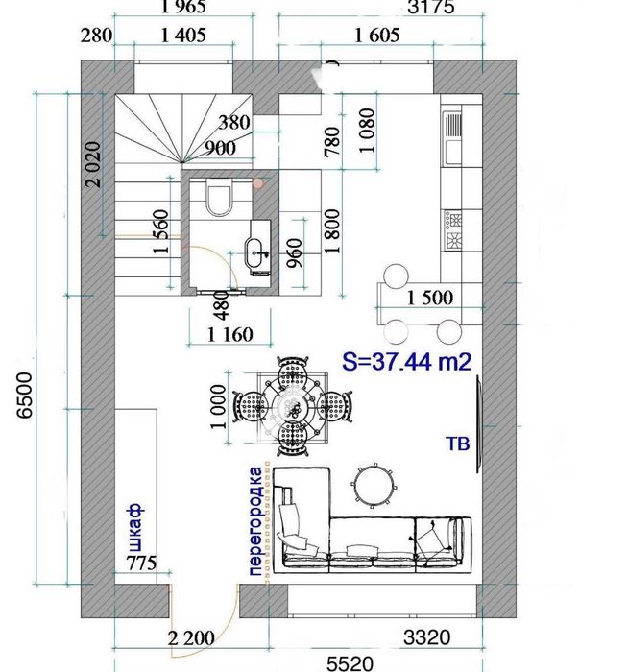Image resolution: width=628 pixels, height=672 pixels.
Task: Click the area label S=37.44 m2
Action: (407, 362)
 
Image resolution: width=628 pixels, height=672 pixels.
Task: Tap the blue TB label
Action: (458, 444)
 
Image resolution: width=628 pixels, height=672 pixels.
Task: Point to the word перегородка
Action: (255, 521)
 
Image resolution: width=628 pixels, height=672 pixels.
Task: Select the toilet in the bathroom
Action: (219, 198)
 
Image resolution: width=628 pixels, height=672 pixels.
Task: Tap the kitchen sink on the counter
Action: (453, 137)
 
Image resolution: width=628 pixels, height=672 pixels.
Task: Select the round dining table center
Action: (293, 404)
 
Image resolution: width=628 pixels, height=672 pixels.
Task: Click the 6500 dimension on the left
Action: (24, 396)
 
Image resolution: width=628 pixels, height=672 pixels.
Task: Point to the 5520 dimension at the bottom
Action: (350, 663)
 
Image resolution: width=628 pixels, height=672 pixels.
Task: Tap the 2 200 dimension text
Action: (191, 638)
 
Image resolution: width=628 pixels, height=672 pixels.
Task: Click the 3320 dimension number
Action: (427, 637)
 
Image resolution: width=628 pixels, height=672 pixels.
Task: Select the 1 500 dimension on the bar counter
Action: (429, 298)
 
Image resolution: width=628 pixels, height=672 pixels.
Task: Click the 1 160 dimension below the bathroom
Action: (230, 334)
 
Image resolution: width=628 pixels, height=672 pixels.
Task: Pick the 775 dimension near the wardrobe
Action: (141, 563)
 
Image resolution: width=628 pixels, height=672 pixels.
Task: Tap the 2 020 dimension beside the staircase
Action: (93, 164)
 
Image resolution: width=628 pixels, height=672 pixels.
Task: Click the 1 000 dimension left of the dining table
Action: (218, 406)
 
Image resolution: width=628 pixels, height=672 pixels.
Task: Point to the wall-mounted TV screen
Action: (479, 424)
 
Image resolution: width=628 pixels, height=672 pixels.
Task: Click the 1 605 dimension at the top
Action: (377, 36)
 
